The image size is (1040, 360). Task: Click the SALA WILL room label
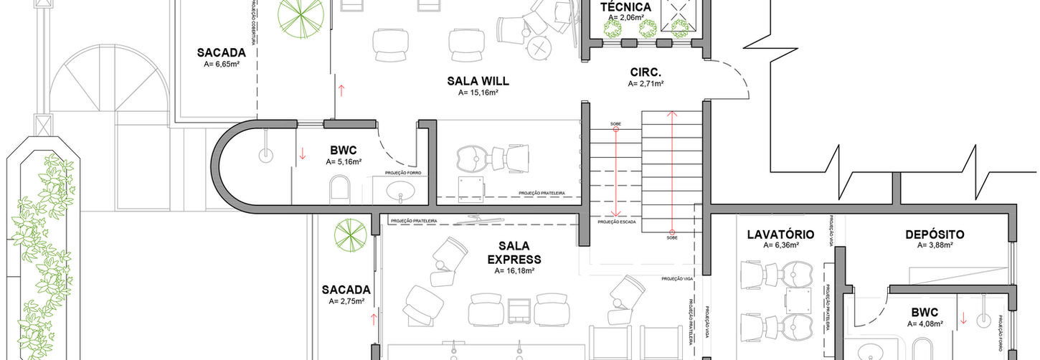478,81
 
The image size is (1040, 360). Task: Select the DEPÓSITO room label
934,235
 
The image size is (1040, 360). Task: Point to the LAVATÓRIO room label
780,235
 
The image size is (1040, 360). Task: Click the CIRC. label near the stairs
646,72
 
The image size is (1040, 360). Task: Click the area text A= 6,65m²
222,64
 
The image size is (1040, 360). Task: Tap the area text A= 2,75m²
346,301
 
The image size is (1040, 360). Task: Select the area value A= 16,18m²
514,271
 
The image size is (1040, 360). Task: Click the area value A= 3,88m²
934,245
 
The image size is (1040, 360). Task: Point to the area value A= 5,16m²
344,162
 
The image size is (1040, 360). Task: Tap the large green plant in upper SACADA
300,17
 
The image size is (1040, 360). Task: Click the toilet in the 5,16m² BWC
339,190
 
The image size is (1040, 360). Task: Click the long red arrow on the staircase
672,172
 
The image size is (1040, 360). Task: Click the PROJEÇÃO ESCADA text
617,222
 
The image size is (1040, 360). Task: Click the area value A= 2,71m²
646,84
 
